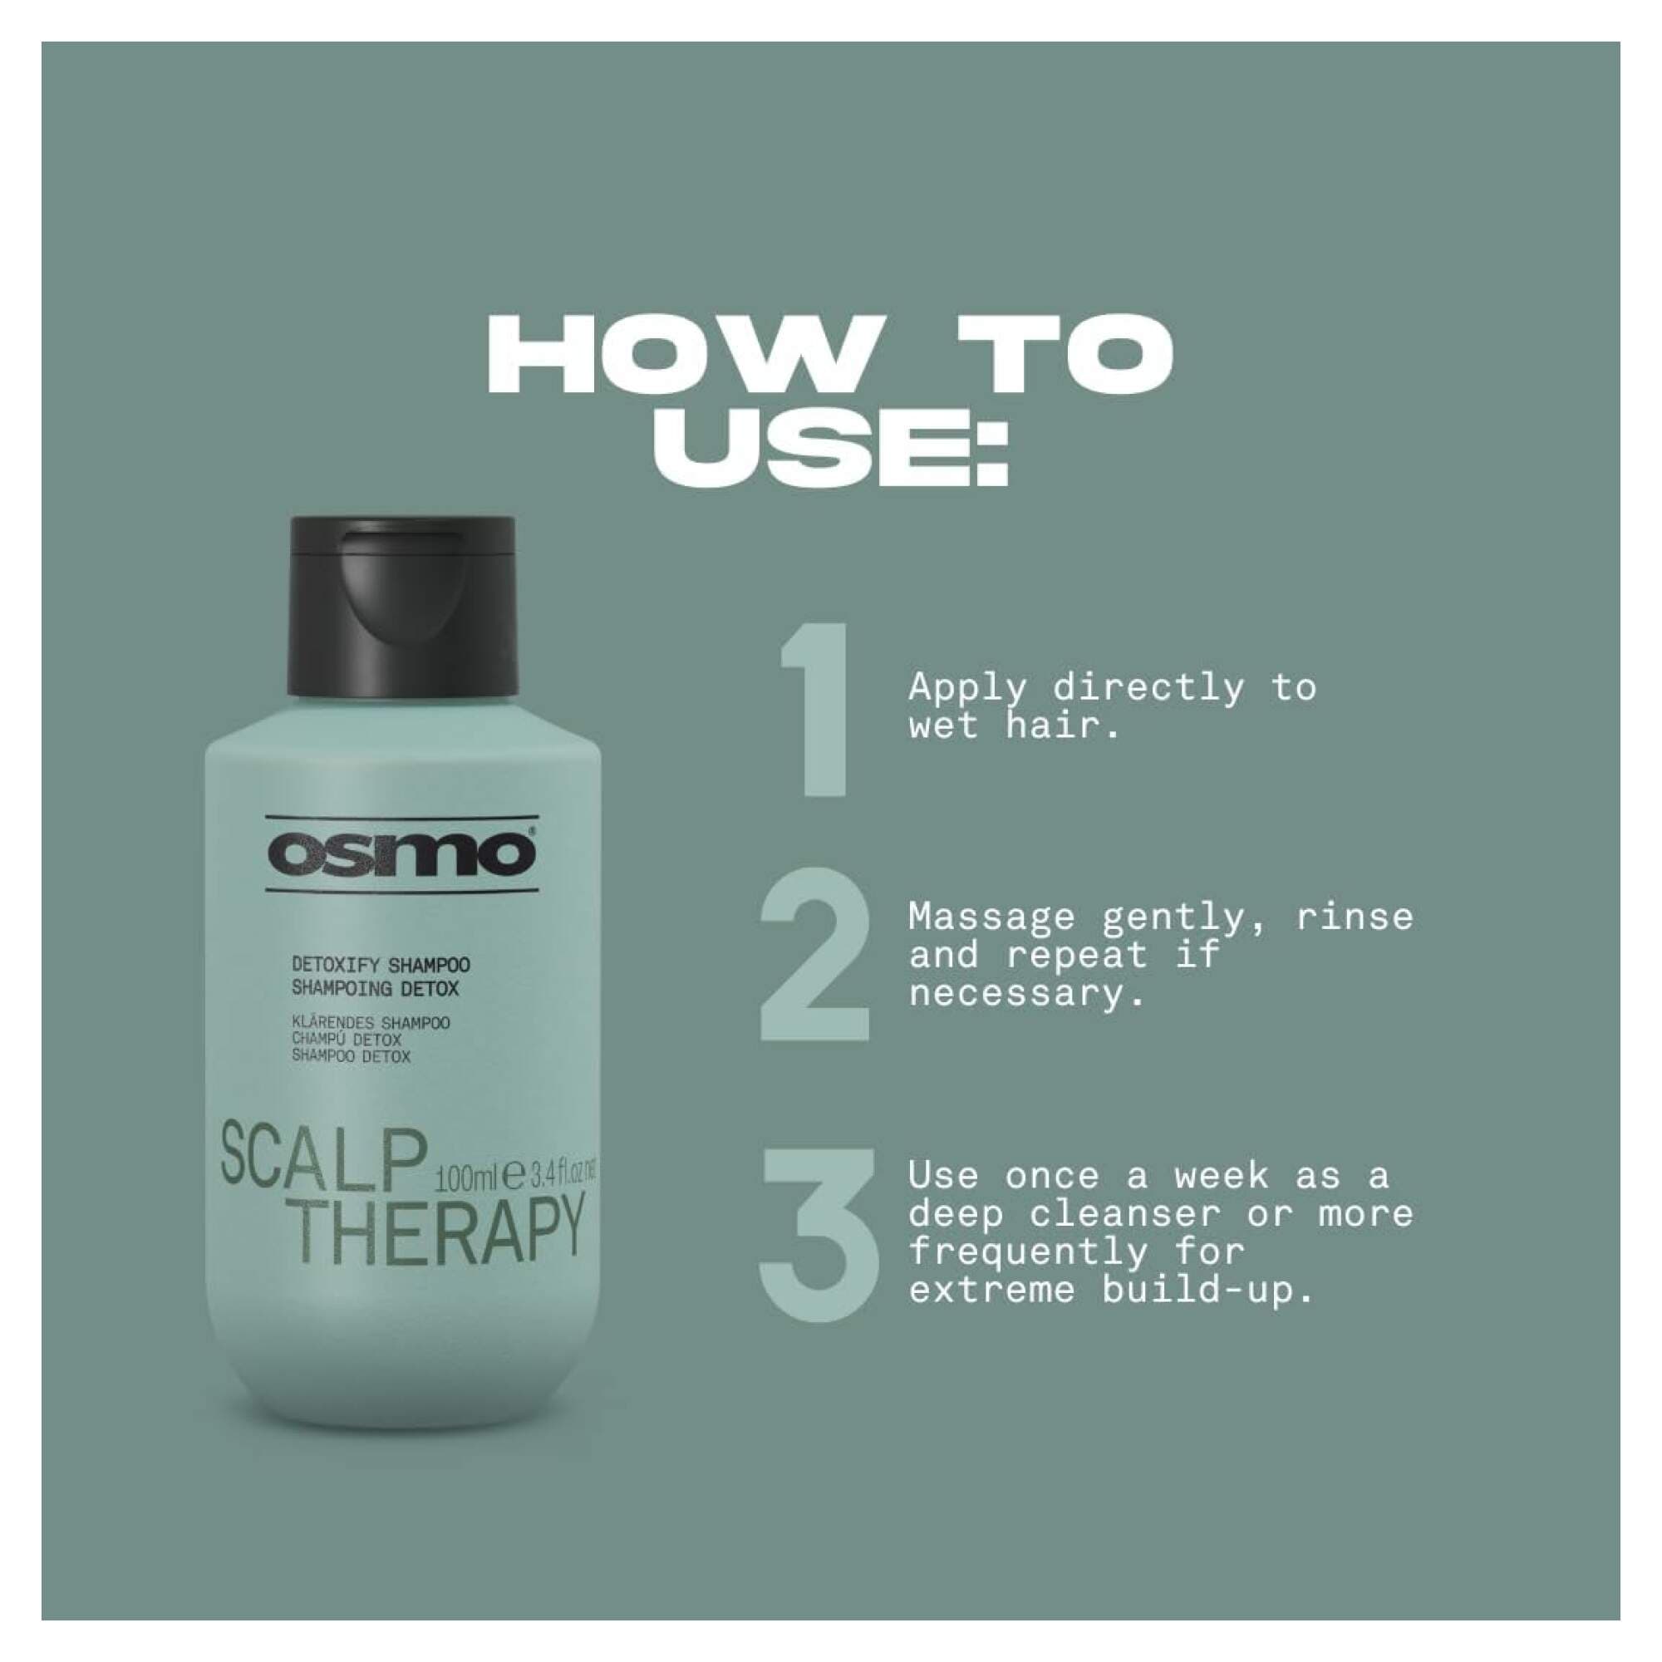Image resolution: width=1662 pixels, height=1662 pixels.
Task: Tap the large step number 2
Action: coord(814,955)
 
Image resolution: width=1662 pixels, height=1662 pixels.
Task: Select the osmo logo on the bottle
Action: coord(401,853)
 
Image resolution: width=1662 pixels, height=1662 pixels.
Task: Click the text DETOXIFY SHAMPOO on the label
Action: coord(381,966)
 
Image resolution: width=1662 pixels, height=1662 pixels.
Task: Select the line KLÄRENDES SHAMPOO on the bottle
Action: coord(370,1024)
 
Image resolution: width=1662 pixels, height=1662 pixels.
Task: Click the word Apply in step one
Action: coord(967,689)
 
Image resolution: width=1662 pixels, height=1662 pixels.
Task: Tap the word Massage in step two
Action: coord(991,917)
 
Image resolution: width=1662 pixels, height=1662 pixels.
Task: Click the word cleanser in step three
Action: coord(1124,1214)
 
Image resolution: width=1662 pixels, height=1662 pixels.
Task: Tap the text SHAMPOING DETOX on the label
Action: coord(374,989)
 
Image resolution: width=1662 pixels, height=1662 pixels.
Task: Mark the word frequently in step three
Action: coord(1027,1252)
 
